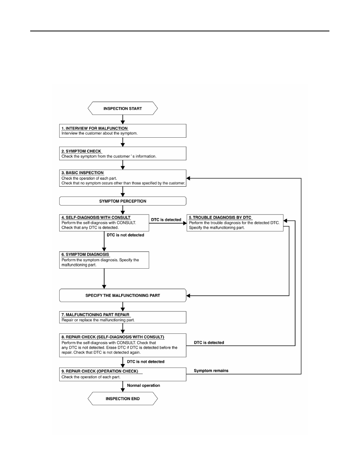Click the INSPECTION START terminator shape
[123, 108]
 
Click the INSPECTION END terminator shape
[123, 399]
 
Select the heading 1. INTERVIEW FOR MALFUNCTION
[95, 128]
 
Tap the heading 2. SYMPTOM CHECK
[82, 151]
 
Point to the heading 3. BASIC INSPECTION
[83, 173]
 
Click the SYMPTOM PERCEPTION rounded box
[123, 201]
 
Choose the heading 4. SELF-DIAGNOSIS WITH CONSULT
[96, 218]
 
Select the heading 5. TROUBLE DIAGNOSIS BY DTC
[220, 218]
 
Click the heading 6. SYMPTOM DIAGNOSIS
[85, 255]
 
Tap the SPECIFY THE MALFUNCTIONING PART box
[123, 295]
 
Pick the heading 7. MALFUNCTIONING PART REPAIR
[95, 315]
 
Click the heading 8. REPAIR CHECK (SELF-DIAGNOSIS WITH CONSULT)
[113, 337]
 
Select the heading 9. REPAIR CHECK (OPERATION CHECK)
[100, 371]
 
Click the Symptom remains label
[211, 371]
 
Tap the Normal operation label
[144, 386]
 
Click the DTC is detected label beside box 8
[209, 342]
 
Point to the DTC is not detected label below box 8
[146, 362]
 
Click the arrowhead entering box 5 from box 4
[185, 223]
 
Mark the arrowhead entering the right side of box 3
[188, 178]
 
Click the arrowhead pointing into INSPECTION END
[123, 390]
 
